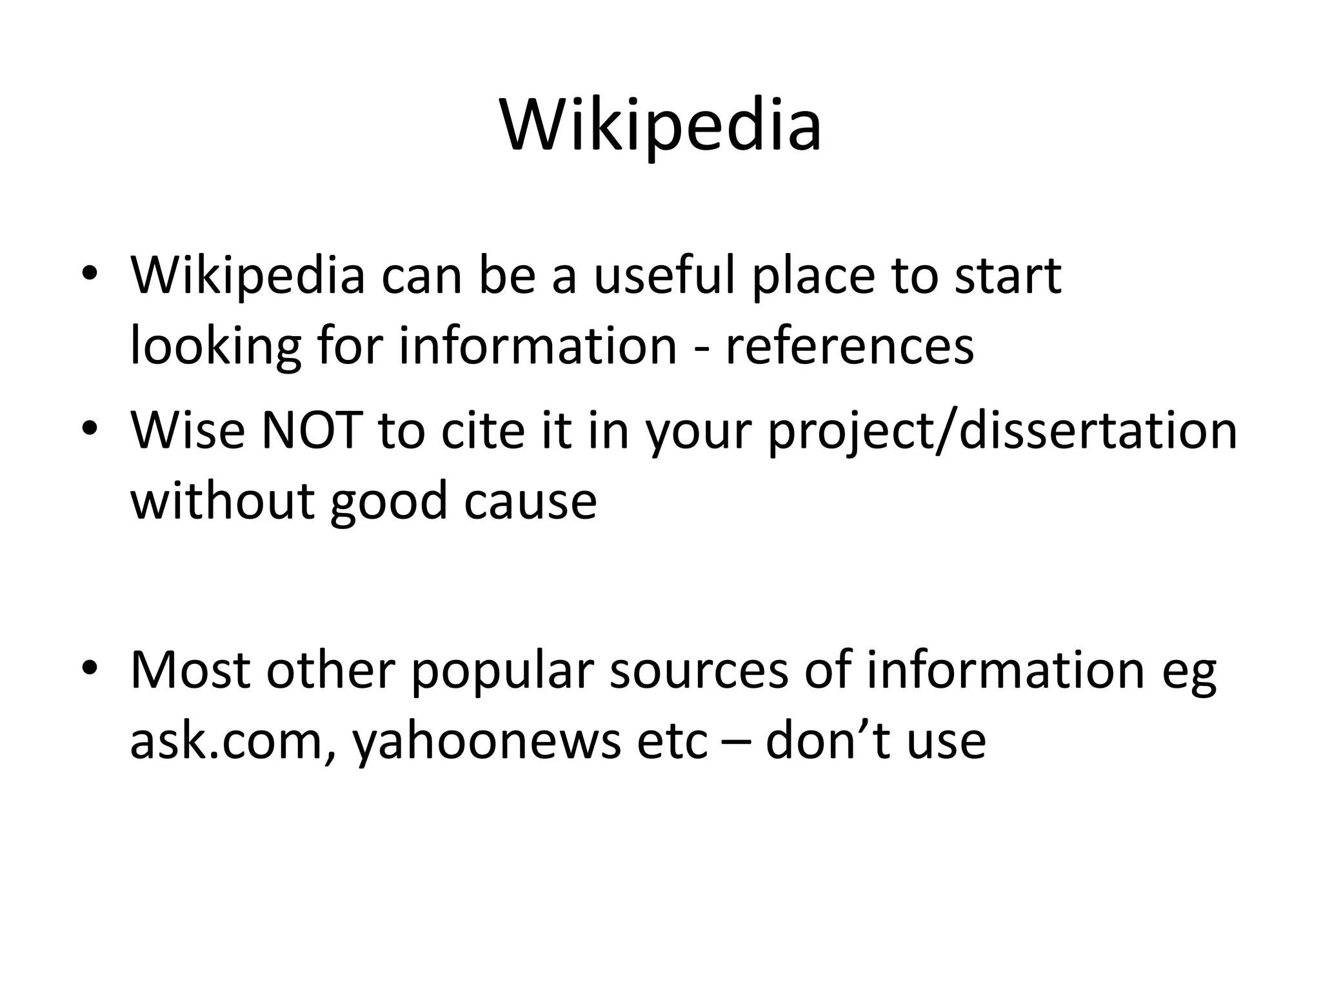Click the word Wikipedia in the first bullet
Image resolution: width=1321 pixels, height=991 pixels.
tap(248, 275)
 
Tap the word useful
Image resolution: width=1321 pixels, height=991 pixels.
tap(665, 275)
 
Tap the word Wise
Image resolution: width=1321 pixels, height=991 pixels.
tap(188, 430)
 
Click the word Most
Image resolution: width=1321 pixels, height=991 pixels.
tap(190, 670)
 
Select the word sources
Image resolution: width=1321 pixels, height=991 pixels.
tap(699, 671)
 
